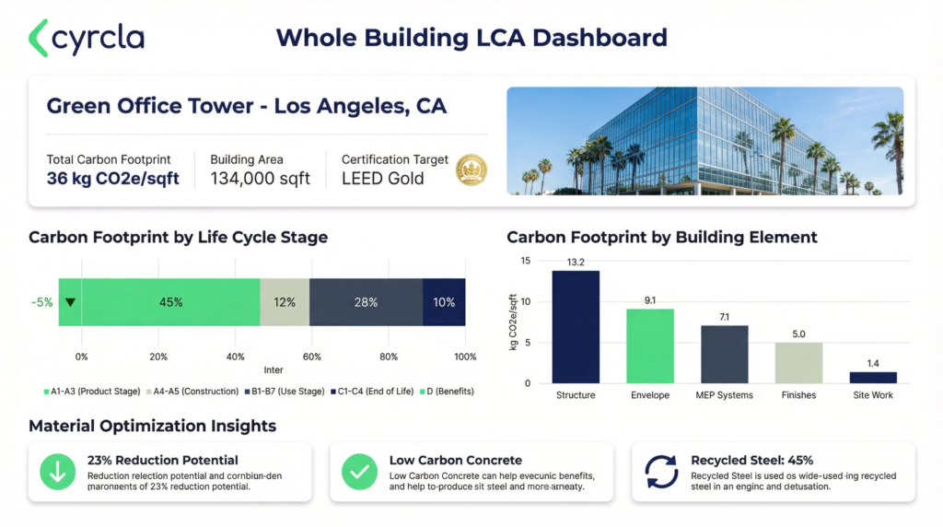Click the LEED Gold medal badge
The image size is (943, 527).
471,170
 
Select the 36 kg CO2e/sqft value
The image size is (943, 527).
112,178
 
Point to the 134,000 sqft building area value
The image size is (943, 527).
260,178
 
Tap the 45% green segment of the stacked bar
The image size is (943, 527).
170,302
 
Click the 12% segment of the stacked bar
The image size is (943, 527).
285,302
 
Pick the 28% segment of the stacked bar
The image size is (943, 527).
366,302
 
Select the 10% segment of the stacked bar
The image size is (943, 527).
444,302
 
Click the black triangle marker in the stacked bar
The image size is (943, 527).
70,302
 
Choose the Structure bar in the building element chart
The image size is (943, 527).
576,327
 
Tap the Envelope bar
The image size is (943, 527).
650,345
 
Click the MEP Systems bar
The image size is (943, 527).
724,354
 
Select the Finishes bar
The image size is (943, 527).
797,362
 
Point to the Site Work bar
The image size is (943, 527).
872,377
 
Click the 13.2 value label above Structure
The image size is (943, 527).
576,263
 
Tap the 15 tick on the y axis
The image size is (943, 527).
526,261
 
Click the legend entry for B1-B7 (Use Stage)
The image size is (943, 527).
285,392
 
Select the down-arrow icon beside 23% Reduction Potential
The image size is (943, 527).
57,472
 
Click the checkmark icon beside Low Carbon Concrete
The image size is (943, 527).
359,472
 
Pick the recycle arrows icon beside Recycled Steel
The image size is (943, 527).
661,472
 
